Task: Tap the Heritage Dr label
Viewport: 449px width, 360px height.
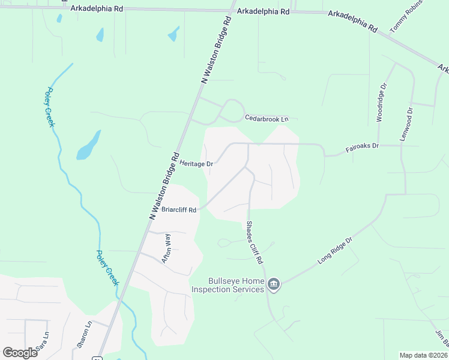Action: click(x=196, y=164)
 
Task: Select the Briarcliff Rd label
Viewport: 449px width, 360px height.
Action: click(x=179, y=210)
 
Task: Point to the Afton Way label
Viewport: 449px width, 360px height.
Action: click(x=168, y=248)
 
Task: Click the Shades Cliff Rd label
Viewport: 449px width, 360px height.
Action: click(x=254, y=243)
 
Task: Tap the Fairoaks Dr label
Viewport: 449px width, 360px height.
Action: click(x=363, y=146)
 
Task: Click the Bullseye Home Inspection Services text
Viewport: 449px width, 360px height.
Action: click(x=228, y=285)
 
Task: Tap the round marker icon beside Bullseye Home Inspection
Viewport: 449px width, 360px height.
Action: click(x=274, y=284)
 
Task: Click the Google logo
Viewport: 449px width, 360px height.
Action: click(x=20, y=353)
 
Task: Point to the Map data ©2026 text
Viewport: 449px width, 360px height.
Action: click(x=423, y=355)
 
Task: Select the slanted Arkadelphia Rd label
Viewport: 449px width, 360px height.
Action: click(x=353, y=20)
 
